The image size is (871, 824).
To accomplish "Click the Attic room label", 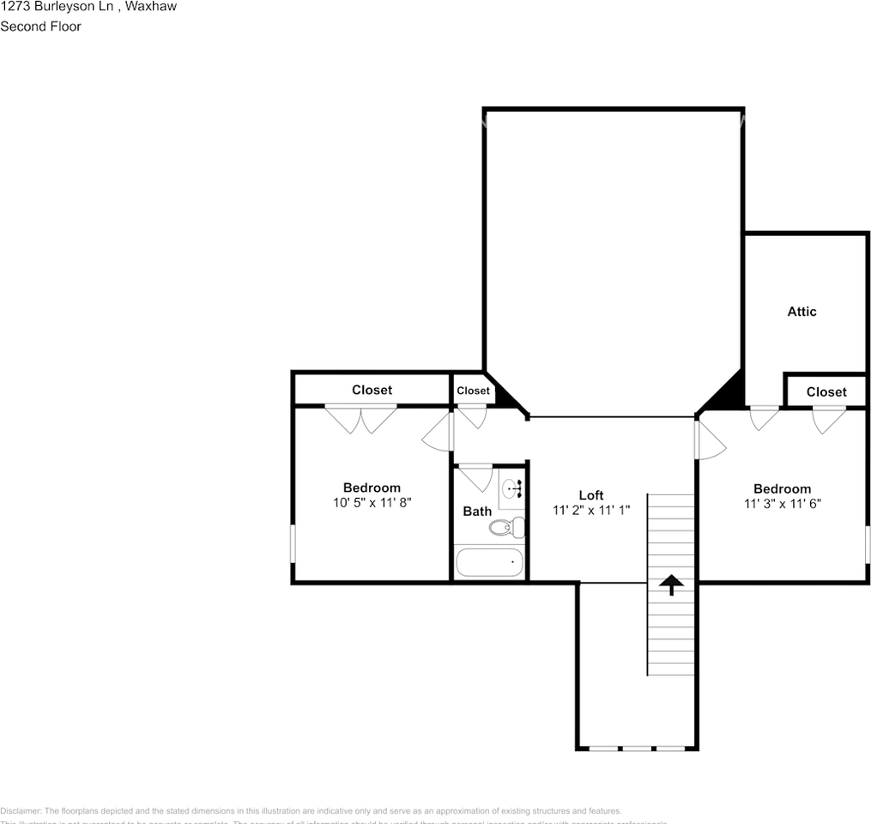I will (x=801, y=312).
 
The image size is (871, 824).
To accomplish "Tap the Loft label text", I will (x=590, y=495).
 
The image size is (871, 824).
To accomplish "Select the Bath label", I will (x=477, y=512).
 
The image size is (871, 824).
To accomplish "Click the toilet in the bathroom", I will (x=507, y=526).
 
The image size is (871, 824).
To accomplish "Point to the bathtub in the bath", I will (x=489, y=563).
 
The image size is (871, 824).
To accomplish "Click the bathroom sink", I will (x=511, y=490).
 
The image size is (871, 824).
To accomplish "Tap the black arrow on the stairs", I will (x=670, y=585).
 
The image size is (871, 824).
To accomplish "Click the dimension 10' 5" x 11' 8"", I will (x=372, y=503).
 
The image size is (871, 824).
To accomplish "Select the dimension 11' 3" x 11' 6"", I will (x=782, y=504).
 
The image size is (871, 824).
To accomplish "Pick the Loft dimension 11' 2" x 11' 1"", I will (x=590, y=510).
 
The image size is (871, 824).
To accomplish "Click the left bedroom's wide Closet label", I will (x=372, y=390).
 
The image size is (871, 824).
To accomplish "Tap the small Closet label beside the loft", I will (x=473, y=391).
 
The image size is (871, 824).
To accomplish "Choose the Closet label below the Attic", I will (x=826, y=391).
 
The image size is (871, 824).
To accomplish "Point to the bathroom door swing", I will (x=475, y=477).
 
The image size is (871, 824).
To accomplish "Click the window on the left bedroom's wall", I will (x=293, y=543).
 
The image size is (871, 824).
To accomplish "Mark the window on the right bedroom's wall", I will (x=867, y=545).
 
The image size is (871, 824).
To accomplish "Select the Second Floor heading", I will (x=40, y=27).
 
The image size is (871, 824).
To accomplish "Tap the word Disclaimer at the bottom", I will (x=20, y=811).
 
